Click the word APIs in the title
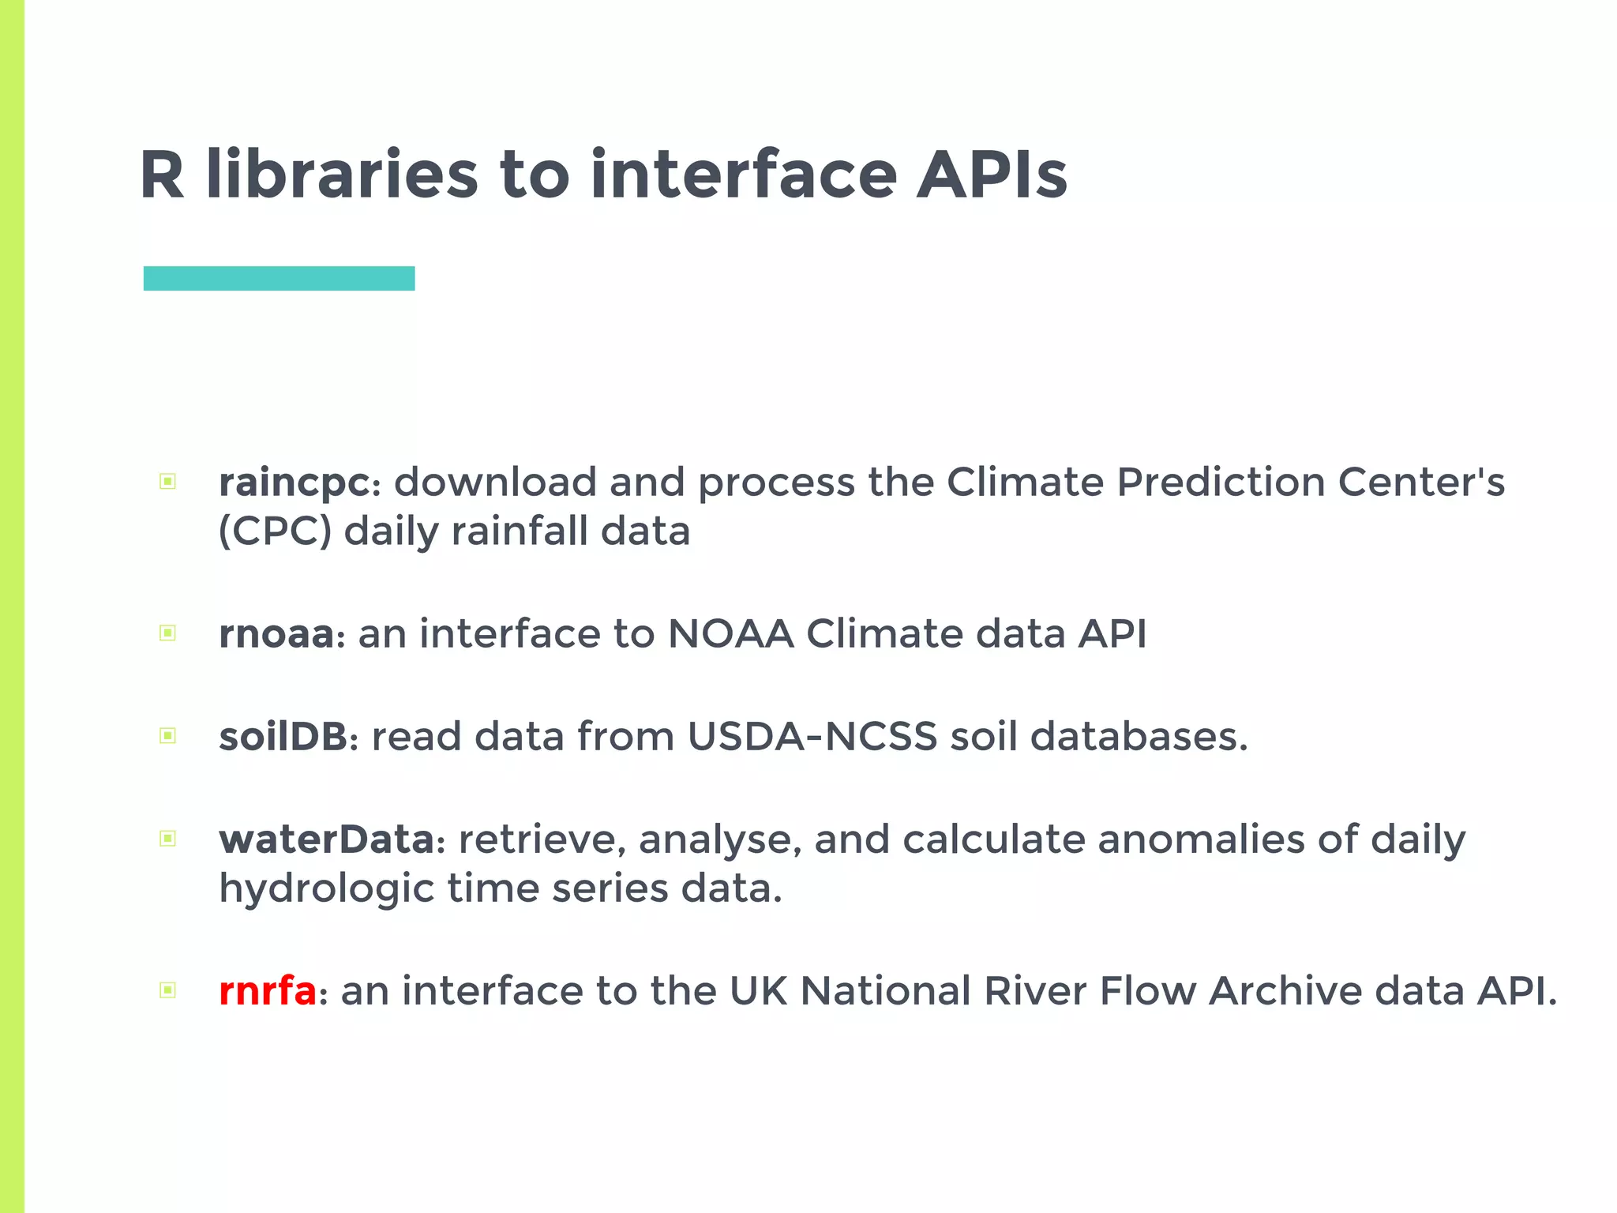[x=992, y=175]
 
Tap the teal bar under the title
[x=279, y=279]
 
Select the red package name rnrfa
[x=267, y=991]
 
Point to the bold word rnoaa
[x=276, y=634]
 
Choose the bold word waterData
[x=326, y=839]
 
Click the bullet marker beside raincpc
[x=167, y=482]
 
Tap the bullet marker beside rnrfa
[x=167, y=990]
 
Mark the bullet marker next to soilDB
[x=167, y=736]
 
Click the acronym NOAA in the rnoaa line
[x=730, y=634]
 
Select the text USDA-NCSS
[x=812, y=737]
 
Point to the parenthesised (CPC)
[x=274, y=531]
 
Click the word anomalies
[x=1201, y=839]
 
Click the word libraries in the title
[x=341, y=175]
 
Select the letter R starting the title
[x=161, y=175]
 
